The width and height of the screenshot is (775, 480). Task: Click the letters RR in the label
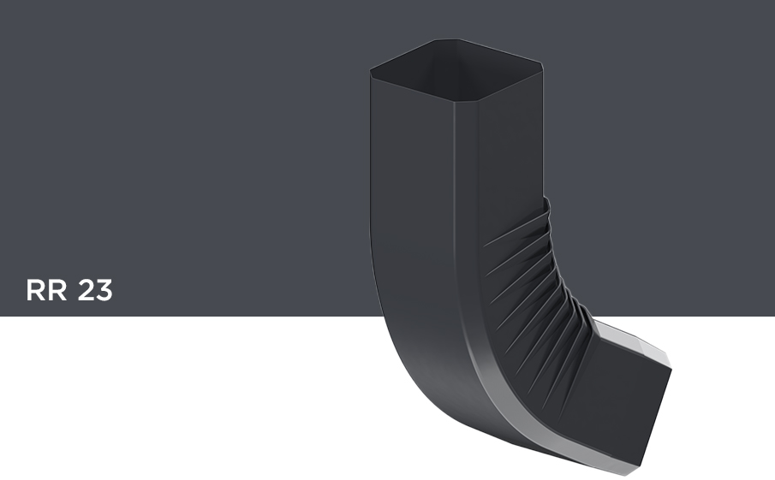46,290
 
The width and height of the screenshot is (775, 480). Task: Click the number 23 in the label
95,290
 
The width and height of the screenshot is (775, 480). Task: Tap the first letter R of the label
36,290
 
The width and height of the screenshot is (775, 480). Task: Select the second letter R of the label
57,290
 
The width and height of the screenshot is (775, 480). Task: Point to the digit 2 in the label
86,290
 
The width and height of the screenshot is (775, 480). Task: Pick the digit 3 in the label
104,290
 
